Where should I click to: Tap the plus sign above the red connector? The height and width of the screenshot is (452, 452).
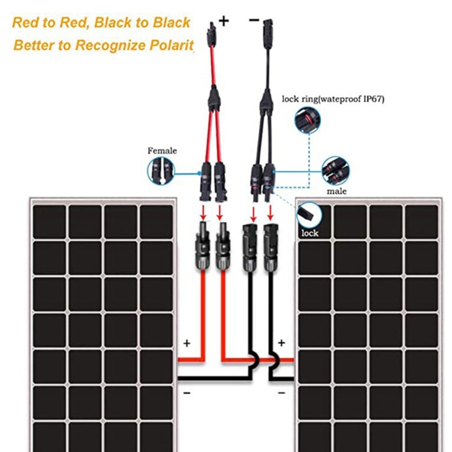click(x=224, y=21)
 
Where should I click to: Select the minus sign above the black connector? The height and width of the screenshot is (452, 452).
click(x=254, y=20)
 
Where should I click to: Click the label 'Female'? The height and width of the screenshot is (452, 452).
click(x=162, y=151)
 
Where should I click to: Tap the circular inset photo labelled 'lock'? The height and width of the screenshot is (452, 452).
click(x=309, y=215)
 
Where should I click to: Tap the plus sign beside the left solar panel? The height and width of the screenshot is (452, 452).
click(x=186, y=343)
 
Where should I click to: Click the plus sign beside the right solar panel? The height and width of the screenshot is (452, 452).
click(x=281, y=343)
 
